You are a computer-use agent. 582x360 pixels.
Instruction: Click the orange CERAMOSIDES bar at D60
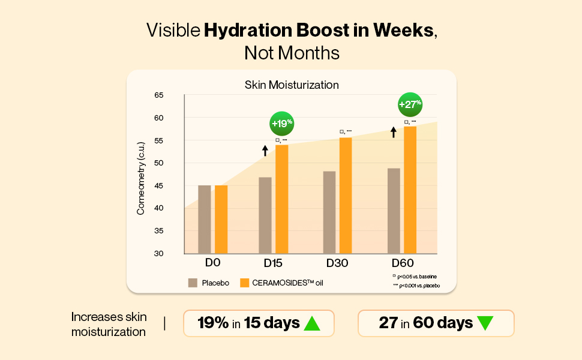pos(410,190)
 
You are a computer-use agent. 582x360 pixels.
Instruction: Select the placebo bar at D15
pos(265,215)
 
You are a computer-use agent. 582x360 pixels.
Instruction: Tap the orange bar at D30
pos(346,196)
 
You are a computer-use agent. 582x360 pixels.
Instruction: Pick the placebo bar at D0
pos(205,220)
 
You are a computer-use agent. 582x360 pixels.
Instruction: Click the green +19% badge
pos(281,124)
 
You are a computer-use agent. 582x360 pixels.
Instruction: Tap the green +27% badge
pos(410,104)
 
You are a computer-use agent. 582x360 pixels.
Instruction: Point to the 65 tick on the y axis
pos(159,95)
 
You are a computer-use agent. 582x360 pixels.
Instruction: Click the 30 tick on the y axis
pos(159,254)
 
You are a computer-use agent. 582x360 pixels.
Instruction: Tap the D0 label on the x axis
pos(213,263)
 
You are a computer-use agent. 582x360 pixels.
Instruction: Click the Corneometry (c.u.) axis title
pos(141,178)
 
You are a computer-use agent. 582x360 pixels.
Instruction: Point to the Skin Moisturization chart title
pos(292,85)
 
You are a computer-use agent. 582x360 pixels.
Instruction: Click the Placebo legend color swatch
pos(193,283)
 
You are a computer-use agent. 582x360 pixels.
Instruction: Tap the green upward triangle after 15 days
pos(312,323)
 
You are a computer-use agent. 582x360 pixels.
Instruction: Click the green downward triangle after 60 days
pos(485,323)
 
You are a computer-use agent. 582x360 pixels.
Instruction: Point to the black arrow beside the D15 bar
pos(265,150)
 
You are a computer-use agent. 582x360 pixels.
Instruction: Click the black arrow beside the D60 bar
pos(394,131)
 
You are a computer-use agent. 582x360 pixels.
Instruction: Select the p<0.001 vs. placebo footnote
pos(417,286)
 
